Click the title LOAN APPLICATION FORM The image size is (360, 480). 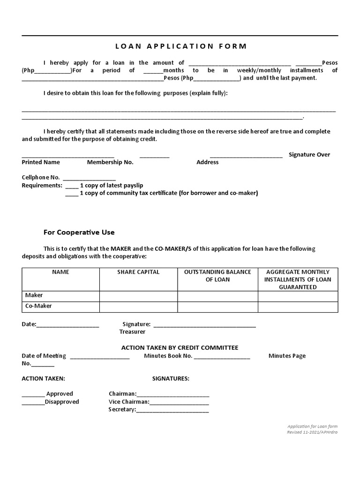click(180, 46)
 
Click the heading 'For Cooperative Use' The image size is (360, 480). click(79, 232)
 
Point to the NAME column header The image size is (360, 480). click(60, 272)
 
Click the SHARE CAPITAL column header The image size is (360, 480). click(138, 272)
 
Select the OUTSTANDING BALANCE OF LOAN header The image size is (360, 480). click(217, 276)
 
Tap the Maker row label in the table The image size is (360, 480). click(34, 295)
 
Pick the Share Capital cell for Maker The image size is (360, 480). click(138, 296)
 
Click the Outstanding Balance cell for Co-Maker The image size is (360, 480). click(217, 307)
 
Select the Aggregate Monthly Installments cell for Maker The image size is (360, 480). click(298, 296)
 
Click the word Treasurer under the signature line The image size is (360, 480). click(132, 332)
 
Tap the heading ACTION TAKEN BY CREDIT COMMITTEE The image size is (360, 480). click(180, 348)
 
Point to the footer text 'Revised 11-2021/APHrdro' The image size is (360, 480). click(312, 432)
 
